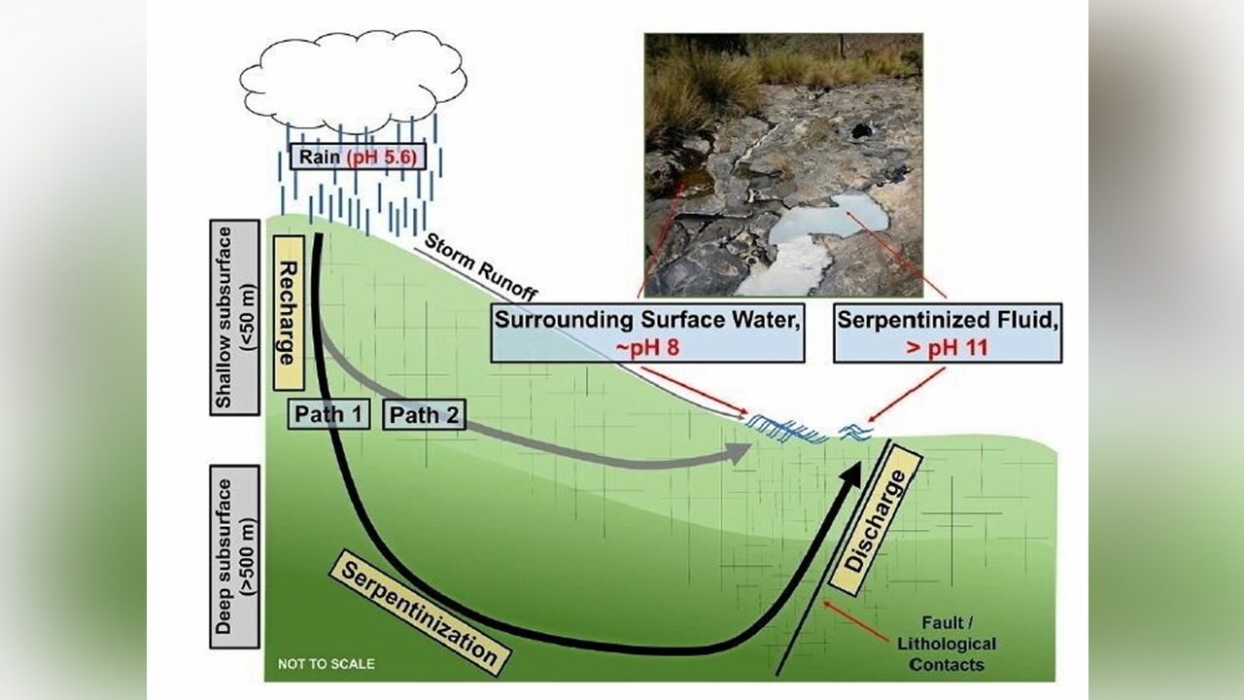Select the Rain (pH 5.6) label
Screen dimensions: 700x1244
click(x=357, y=156)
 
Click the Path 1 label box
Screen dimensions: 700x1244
click(x=328, y=414)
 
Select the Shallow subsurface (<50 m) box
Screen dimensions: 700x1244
click(x=234, y=317)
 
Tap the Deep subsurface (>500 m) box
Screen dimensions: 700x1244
click(x=234, y=556)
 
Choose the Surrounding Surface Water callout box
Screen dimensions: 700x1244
click(x=648, y=333)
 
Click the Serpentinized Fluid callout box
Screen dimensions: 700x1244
click(x=947, y=333)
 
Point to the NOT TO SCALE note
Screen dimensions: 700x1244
click(x=326, y=664)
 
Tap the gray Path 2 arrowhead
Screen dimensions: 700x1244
click(x=739, y=452)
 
